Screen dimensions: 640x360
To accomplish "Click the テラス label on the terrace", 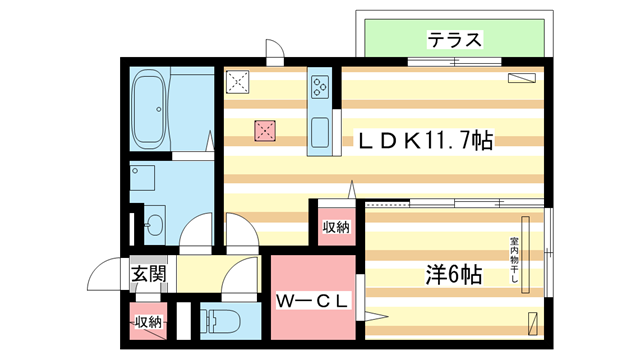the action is click(454, 40).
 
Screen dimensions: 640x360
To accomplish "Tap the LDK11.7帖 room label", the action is click(426, 141).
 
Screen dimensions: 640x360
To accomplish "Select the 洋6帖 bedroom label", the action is click(453, 274).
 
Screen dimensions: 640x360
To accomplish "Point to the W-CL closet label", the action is click(312, 301).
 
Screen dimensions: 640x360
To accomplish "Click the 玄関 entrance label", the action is click(148, 273).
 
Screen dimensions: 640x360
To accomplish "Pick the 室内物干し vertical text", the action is click(513, 260).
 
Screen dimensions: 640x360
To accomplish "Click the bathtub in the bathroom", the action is click(149, 109).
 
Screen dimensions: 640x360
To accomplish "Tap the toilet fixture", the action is click(220, 321).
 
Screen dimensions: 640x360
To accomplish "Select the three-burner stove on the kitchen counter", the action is click(320, 87).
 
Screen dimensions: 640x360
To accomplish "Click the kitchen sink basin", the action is click(320, 133).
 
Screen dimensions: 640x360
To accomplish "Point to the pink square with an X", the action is click(264, 131).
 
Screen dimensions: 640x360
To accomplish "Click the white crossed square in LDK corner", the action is click(238, 82).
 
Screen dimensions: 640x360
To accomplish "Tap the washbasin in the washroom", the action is click(155, 224).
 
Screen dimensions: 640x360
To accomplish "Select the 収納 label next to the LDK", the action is click(336, 227).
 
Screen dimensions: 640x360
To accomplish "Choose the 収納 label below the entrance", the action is click(148, 322).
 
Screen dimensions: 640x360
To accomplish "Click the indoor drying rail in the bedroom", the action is click(525, 255).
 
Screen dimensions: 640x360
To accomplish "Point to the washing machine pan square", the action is click(142, 178).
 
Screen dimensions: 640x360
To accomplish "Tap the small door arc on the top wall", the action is click(275, 48).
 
